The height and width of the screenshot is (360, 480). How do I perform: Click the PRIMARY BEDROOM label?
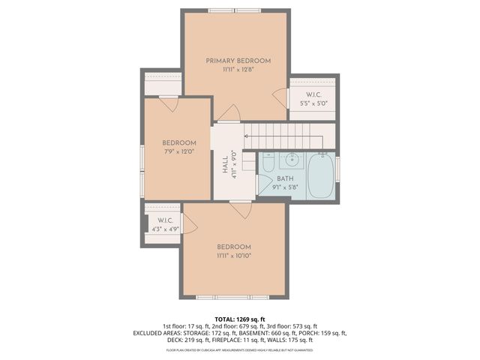pyautogui.click(x=238, y=61)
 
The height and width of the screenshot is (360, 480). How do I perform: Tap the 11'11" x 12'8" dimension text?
pyautogui.click(x=238, y=70)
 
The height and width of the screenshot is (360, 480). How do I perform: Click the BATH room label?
pyautogui.click(x=285, y=178)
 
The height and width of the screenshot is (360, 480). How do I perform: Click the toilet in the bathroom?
pyautogui.click(x=268, y=160)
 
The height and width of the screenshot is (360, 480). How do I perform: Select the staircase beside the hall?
pyautogui.click(x=285, y=136)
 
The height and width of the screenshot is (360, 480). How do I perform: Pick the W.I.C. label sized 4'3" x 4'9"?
pyautogui.click(x=166, y=224)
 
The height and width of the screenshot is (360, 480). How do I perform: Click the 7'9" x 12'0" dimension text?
pyautogui.click(x=180, y=151)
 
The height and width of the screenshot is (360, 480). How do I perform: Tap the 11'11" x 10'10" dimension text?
pyautogui.click(x=234, y=256)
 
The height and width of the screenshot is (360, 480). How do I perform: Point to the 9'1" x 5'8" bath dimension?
pyautogui.click(x=286, y=187)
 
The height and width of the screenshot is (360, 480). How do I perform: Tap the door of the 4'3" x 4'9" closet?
pyautogui.click(x=189, y=223)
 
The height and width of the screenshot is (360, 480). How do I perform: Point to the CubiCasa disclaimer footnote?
pyautogui.click(x=239, y=350)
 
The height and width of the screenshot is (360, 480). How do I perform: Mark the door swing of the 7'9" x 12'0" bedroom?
pyautogui.click(x=169, y=104)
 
